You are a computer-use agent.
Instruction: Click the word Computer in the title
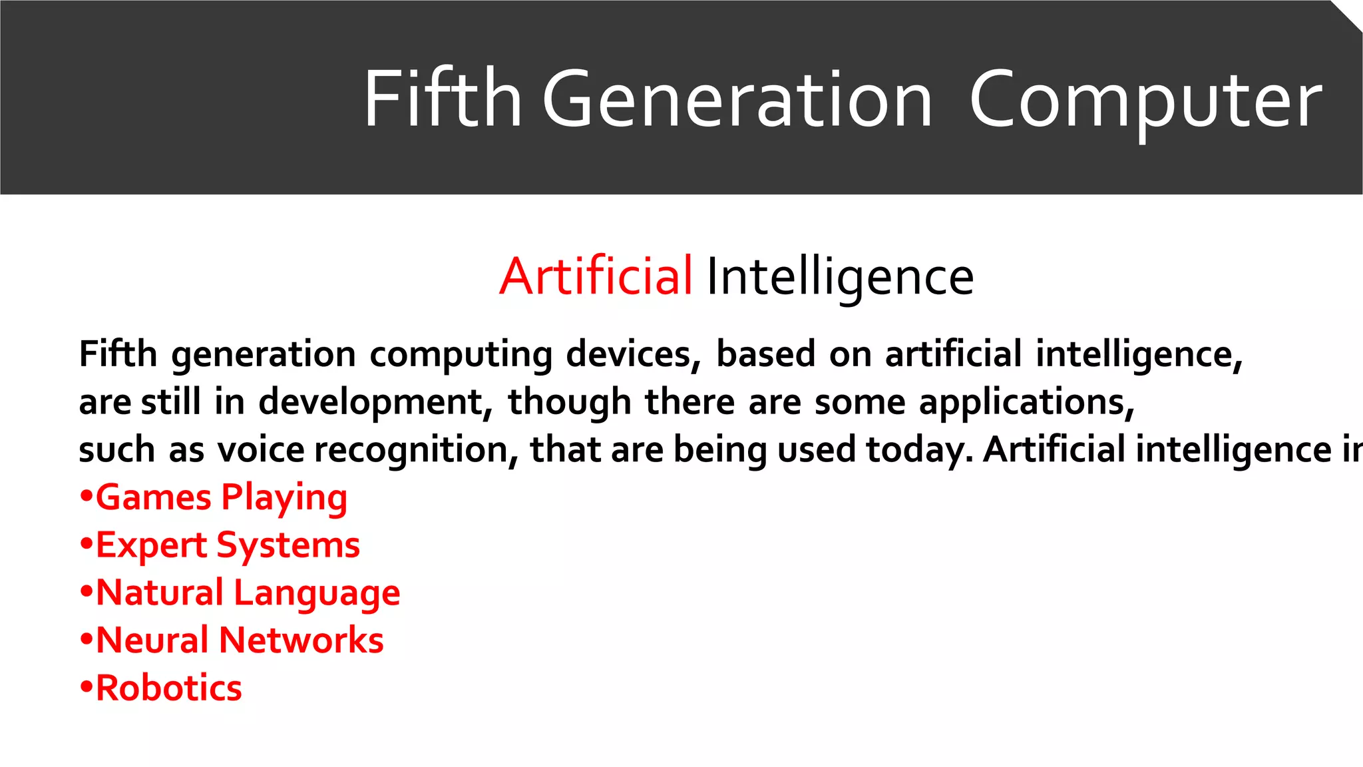[1145, 100]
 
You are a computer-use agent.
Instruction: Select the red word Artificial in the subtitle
[596, 276]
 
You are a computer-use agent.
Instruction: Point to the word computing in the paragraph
[461, 355]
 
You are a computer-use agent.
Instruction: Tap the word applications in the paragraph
[1026, 403]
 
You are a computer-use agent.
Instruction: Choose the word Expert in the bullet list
[152, 546]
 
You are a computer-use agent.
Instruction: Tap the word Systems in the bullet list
[288, 546]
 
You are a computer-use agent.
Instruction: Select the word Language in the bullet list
[317, 593]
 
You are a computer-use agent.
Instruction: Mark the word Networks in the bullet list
[301, 640]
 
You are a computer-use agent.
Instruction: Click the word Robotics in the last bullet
[169, 688]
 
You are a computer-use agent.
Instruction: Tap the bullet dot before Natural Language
[85, 592]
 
